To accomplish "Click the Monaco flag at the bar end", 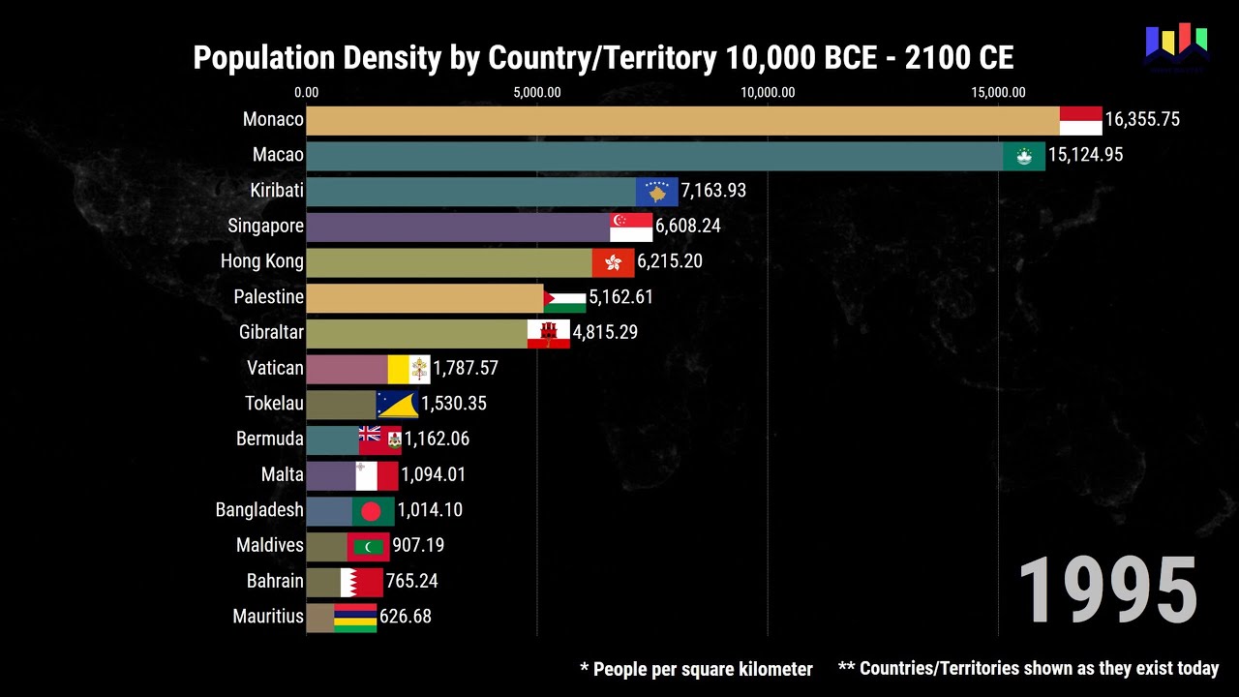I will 1080,120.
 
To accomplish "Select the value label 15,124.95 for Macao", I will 1085,155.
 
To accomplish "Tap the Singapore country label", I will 265,226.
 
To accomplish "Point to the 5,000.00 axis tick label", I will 537,93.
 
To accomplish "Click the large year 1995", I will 1107,591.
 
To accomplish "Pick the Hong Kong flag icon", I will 613,261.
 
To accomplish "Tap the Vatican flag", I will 408,369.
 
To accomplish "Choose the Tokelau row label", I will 274,404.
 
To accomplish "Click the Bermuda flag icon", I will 379,439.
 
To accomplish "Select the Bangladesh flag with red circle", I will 373,510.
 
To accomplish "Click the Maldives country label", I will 269,545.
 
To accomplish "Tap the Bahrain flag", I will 361,581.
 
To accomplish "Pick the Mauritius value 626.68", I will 405,617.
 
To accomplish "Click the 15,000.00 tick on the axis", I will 998,93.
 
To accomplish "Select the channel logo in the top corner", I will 1176,48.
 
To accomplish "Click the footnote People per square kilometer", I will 696,669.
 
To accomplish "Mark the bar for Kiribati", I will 470,191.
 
